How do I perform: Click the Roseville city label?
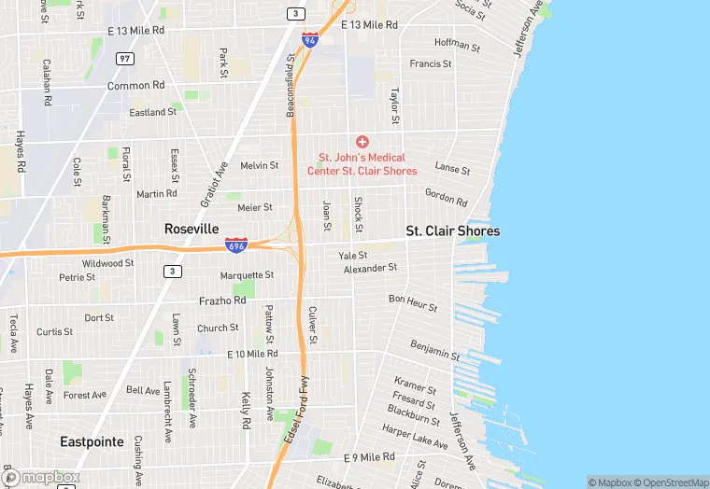click(x=192, y=229)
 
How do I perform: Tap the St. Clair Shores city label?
click(x=452, y=231)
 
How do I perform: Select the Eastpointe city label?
click(x=92, y=441)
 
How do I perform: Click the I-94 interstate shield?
click(x=310, y=40)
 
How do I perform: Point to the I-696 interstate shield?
click(x=236, y=244)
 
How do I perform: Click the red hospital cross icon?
click(x=362, y=141)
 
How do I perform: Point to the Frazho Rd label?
click(x=222, y=300)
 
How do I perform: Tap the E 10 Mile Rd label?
click(x=252, y=354)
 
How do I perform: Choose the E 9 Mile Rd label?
click(x=370, y=457)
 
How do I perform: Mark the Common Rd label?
click(x=135, y=85)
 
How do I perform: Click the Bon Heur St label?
click(x=413, y=302)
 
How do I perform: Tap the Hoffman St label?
click(x=457, y=45)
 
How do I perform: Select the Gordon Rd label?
click(x=446, y=198)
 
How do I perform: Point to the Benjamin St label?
click(x=435, y=351)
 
